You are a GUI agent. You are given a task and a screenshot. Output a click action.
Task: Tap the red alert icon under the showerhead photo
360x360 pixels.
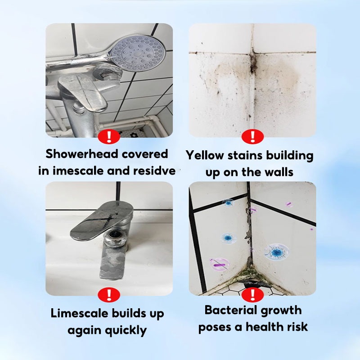coord(109,136)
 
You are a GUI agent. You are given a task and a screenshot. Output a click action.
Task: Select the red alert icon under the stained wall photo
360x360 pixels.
coord(252,136)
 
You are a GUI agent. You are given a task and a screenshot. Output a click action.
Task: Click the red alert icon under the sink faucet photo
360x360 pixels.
coord(109,295)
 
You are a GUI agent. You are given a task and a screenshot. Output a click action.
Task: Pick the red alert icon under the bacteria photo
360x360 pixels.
coord(252,295)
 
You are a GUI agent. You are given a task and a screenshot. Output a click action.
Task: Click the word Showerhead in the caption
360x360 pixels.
coord(82,153)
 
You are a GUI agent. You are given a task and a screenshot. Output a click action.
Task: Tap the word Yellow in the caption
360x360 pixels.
coord(205,155)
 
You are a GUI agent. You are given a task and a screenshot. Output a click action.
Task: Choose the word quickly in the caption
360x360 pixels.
coord(126,331)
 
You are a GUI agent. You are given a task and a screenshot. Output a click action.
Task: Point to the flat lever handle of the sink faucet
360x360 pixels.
coord(102,220)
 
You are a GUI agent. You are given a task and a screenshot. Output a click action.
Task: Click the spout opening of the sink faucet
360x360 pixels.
coord(114,234)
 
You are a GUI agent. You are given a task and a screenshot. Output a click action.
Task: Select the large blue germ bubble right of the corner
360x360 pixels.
coord(276,252)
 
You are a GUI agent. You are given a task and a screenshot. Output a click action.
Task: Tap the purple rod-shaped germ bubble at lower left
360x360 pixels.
coord(219,265)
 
